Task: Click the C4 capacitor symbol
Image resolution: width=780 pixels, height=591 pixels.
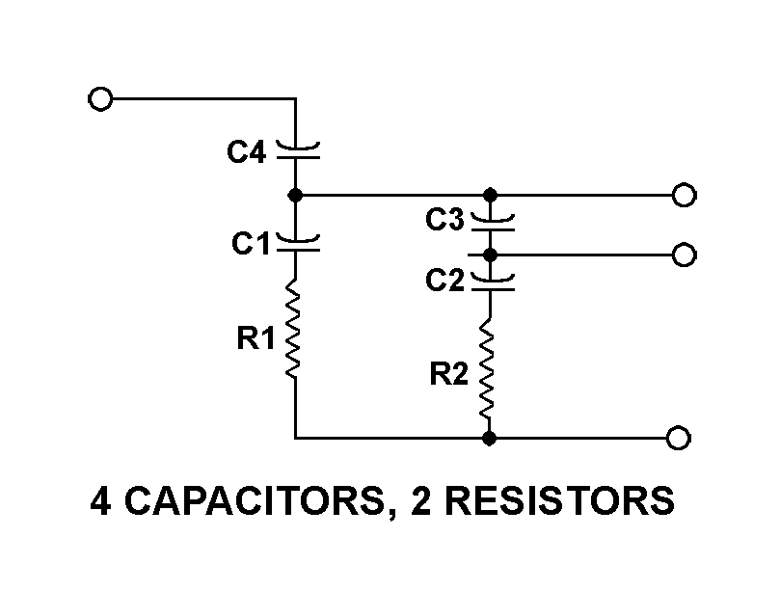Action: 296,148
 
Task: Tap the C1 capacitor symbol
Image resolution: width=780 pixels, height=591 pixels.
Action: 296,242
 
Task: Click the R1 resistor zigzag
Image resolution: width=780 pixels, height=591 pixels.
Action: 295,329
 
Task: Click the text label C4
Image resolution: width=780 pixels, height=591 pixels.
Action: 247,151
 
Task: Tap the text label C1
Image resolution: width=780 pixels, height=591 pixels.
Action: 251,245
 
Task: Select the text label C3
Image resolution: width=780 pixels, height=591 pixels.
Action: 445,221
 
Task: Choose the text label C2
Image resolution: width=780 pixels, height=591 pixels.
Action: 445,282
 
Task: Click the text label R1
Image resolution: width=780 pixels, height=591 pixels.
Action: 256,338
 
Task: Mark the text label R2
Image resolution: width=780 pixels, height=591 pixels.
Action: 449,375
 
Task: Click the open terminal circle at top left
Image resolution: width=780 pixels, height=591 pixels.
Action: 98,98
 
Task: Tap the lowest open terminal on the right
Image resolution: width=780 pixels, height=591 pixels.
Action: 679,439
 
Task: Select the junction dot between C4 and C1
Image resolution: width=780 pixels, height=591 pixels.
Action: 296,195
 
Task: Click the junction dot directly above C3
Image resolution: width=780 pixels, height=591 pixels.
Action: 490,195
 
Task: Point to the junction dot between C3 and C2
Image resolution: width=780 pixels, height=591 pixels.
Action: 490,255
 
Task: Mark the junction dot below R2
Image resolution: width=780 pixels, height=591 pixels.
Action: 490,439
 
